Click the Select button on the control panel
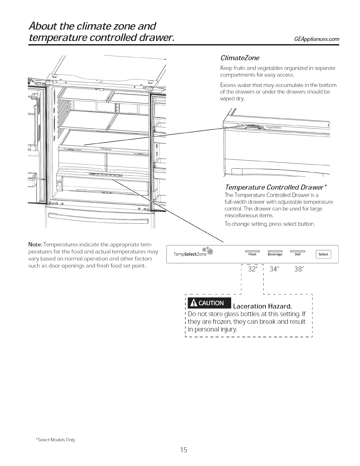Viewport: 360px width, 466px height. [x=323, y=254]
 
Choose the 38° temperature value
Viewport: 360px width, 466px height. [x=299, y=269]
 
